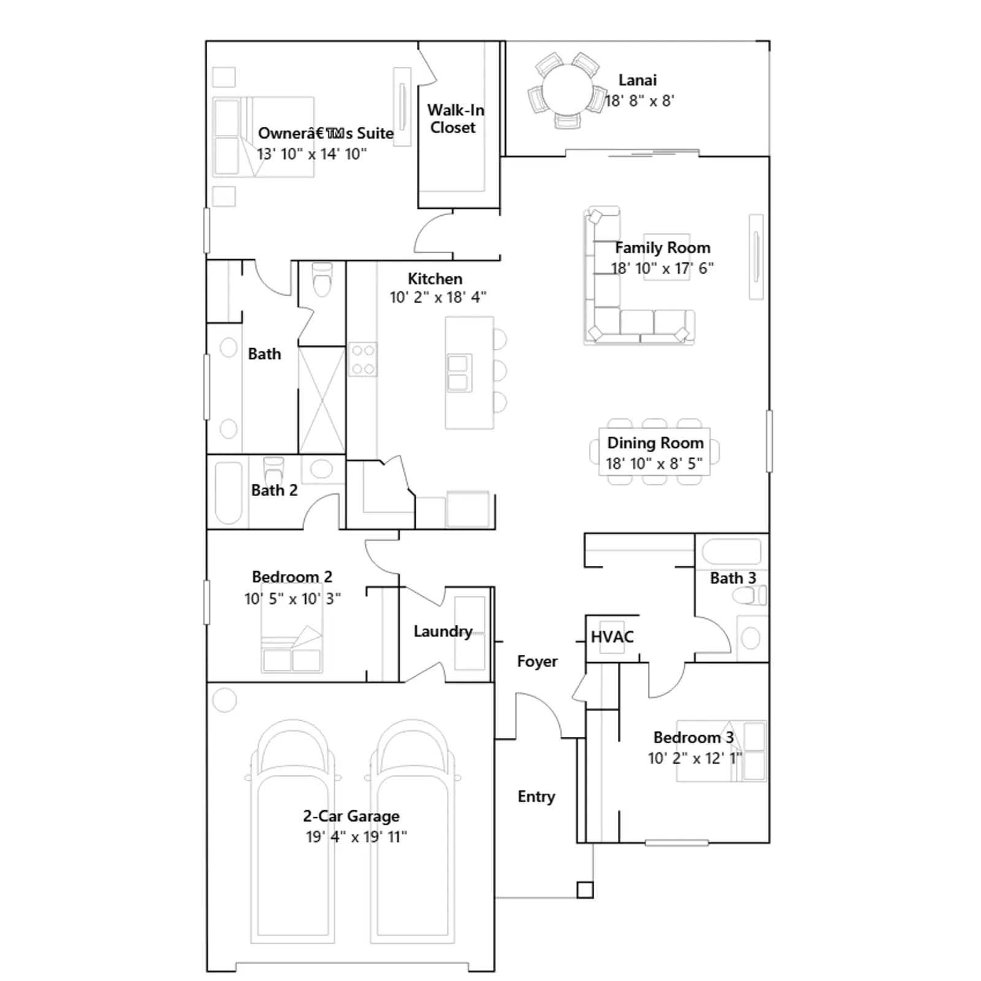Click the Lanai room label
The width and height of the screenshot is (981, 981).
637,80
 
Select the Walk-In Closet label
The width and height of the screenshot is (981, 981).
455,119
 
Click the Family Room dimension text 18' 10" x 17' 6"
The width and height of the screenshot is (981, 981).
662,269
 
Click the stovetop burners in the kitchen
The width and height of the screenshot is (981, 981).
362,359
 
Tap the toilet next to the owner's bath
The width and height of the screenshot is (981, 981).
322,279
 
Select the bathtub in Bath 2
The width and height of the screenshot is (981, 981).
229,493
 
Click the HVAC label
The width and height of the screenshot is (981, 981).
612,637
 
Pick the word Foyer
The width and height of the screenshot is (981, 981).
537,662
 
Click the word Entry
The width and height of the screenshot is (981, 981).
536,796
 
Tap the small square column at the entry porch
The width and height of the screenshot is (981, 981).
586,890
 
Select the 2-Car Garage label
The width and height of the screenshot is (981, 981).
351,816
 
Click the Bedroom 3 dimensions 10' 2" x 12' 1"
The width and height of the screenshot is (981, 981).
695,758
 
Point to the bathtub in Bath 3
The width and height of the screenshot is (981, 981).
731,551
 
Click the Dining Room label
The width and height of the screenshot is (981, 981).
655,443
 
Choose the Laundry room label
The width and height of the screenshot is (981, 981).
443,632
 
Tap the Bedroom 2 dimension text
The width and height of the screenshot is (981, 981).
292,598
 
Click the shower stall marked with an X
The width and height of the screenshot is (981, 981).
322,400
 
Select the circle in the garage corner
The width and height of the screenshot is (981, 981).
224,700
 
